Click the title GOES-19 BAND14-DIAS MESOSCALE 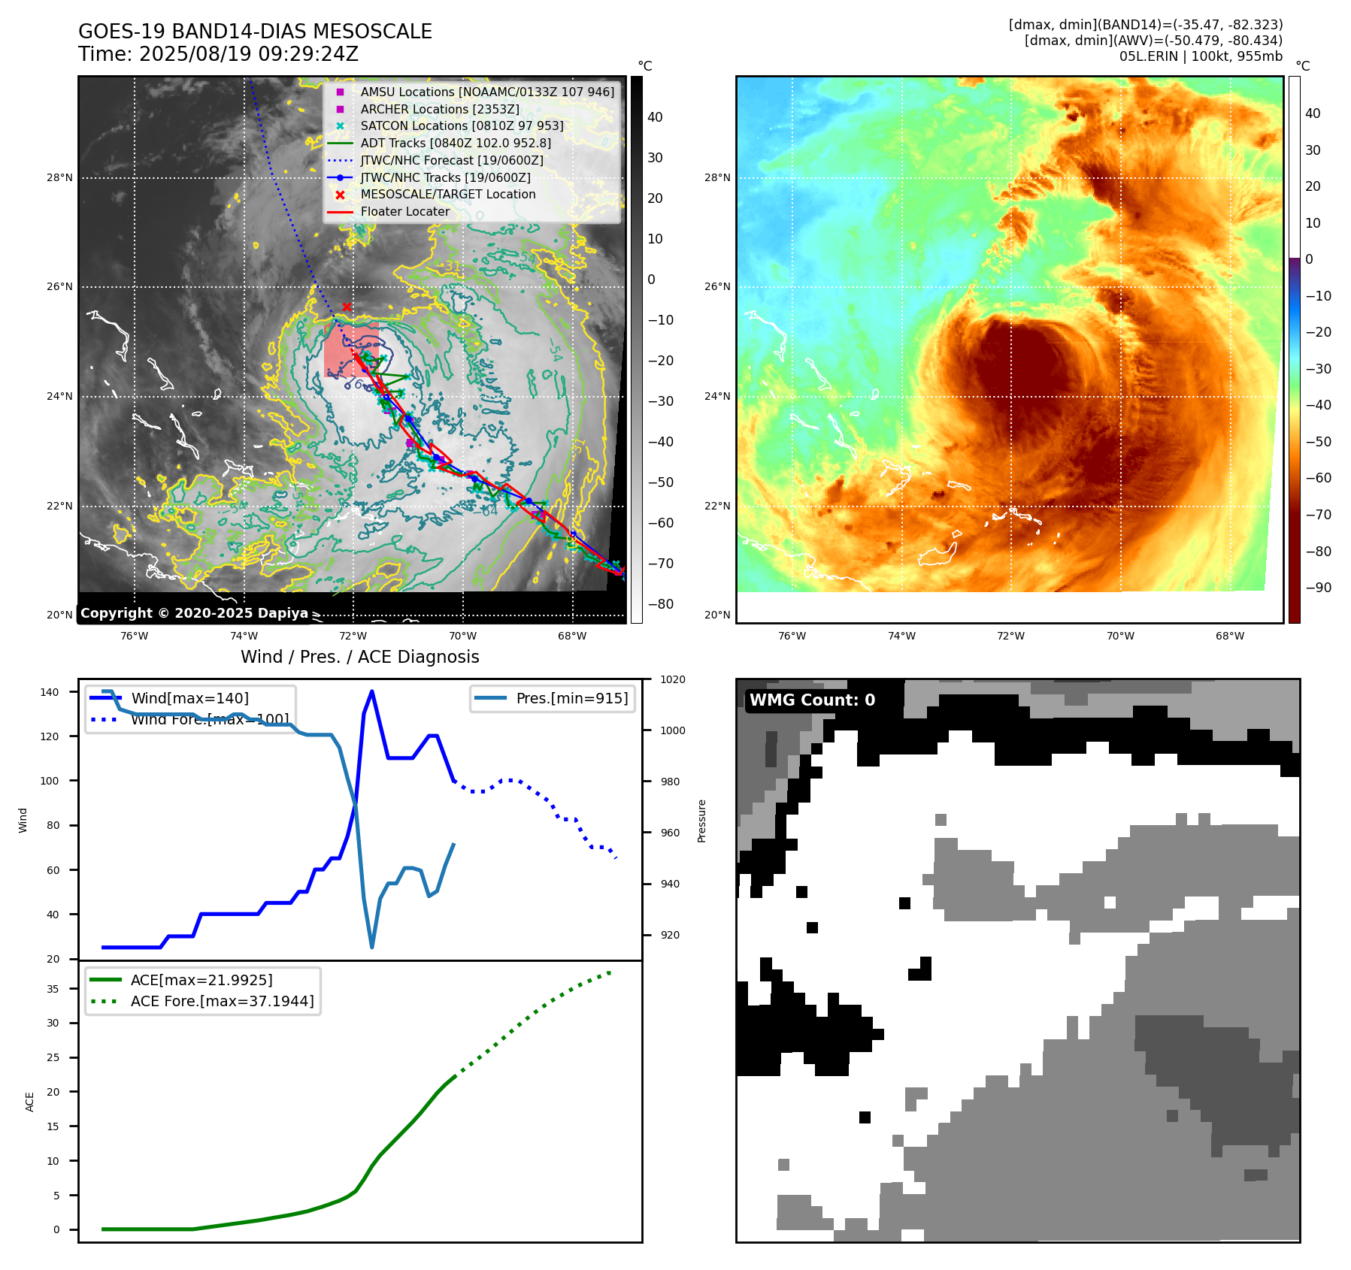(x=255, y=32)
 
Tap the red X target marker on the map (x=347, y=307)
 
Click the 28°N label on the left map (x=60, y=178)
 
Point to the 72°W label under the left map (x=353, y=637)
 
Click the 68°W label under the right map (x=1230, y=637)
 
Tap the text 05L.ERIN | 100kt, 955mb (x=1201, y=56)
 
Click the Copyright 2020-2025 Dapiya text (x=194, y=613)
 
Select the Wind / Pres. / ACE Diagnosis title (x=359, y=657)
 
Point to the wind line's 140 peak (x=372, y=691)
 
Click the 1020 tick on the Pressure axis (x=672, y=680)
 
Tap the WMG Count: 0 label (x=812, y=700)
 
